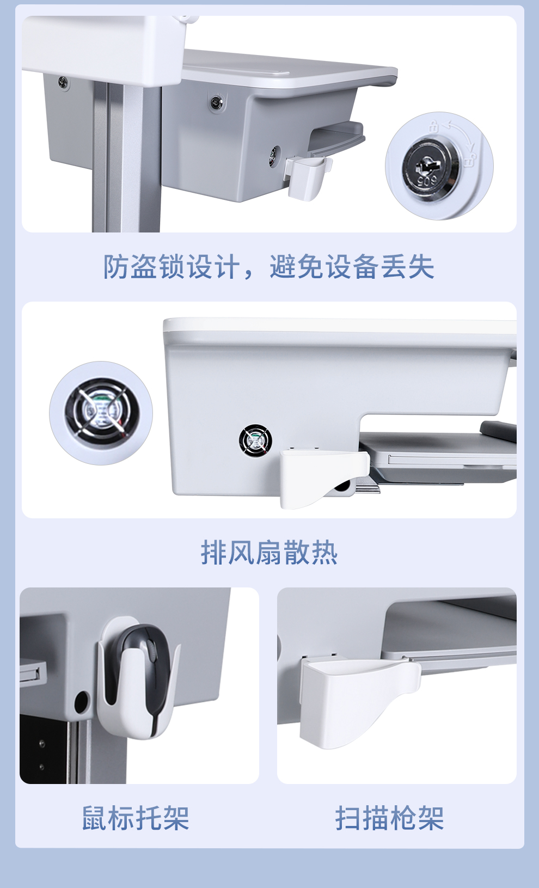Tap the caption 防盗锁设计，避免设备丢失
(x=269, y=266)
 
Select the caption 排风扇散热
(x=269, y=552)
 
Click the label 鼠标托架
(x=136, y=818)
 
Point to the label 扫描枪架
(x=390, y=818)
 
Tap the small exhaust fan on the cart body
(x=255, y=440)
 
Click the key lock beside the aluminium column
(x=216, y=102)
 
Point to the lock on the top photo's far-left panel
(x=63, y=82)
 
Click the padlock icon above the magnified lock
(x=433, y=126)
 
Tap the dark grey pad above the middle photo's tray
(x=499, y=431)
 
